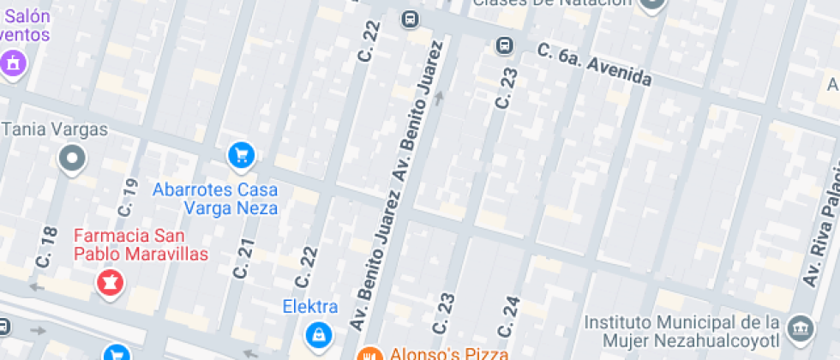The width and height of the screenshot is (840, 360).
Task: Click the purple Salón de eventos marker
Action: click(13, 63)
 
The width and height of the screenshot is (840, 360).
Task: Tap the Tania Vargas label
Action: click(56, 130)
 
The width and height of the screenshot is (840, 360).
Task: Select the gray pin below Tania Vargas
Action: click(72, 158)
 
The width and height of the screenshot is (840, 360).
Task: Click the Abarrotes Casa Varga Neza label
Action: click(216, 199)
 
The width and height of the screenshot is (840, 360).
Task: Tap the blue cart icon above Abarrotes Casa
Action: click(242, 155)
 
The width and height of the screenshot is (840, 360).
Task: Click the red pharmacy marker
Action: click(110, 281)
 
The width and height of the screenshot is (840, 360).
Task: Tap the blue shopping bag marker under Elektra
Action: click(318, 333)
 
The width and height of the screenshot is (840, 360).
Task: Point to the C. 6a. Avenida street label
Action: click(595, 65)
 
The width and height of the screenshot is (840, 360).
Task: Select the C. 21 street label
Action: click(244, 257)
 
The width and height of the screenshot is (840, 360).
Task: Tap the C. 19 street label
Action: click(128, 196)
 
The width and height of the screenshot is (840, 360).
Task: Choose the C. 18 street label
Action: click(48, 244)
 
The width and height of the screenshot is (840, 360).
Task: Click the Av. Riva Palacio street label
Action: click(820, 231)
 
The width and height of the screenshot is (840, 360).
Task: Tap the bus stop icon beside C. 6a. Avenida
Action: click(505, 45)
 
